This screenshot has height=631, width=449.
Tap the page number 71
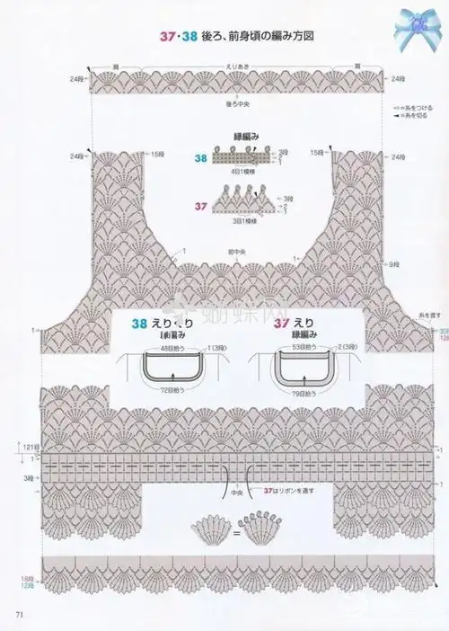[x=19, y=614]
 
